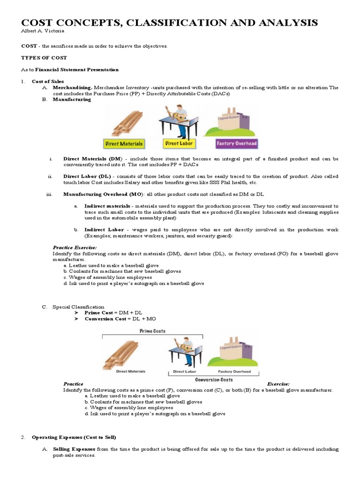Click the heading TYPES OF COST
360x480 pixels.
(x=44, y=58)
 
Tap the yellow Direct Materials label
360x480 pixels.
(x=124, y=143)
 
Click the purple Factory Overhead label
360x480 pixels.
(x=236, y=143)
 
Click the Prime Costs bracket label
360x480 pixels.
(x=153, y=331)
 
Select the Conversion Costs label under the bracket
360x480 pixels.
(x=214, y=380)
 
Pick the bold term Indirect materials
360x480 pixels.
(x=107, y=206)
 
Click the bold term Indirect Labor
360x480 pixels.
(x=104, y=230)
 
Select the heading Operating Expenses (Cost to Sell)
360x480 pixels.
(x=74, y=437)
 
